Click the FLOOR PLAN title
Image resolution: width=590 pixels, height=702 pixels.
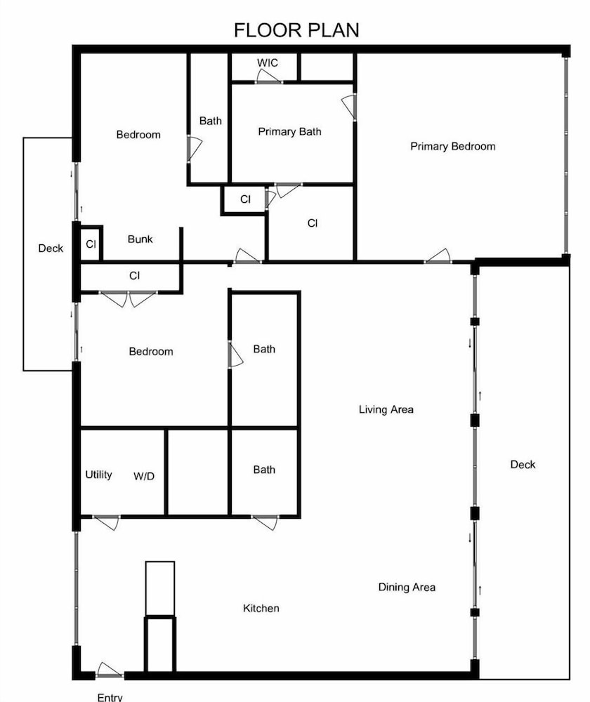click(296, 30)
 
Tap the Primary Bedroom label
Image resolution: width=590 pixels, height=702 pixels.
click(453, 147)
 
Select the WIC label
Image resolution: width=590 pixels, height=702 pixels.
click(268, 62)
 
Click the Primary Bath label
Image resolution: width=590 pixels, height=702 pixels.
click(290, 132)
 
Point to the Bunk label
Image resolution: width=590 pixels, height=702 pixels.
click(140, 239)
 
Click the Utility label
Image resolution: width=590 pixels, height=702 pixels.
click(98, 475)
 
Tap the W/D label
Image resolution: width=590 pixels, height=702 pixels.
click(144, 477)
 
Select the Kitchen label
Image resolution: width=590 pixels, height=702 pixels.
click(261, 608)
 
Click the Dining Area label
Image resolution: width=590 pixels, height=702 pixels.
click(407, 587)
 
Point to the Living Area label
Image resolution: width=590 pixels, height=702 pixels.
click(386, 409)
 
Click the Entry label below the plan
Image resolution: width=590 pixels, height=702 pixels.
click(110, 697)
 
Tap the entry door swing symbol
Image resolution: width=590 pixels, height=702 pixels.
click(109, 670)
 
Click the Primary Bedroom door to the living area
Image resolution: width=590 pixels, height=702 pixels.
click(438, 256)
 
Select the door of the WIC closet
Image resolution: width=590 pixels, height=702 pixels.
click(269, 77)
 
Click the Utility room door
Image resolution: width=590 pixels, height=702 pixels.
click(106, 522)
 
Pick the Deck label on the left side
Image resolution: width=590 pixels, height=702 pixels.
click(51, 249)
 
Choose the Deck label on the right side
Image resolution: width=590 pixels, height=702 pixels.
click(523, 464)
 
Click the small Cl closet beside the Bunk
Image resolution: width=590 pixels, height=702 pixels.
click(91, 244)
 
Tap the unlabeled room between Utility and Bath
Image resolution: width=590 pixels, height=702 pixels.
click(197, 472)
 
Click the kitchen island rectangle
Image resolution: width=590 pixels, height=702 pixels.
click(160, 588)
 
